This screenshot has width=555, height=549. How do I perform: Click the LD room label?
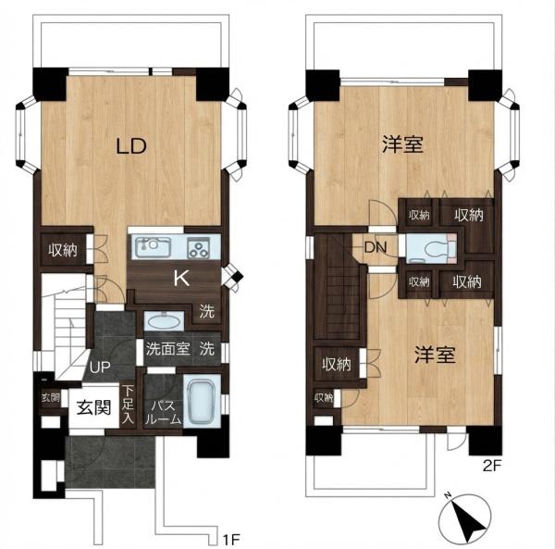tap(131, 146)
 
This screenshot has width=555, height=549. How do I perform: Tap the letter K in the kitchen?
tap(181, 279)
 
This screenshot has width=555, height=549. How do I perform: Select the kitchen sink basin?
tap(153, 246)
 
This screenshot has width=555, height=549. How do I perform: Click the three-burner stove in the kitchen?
tap(199, 247)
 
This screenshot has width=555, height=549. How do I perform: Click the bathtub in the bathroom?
tap(201, 403)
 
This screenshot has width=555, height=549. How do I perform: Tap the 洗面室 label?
tap(168, 349)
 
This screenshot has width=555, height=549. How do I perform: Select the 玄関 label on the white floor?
tap(94, 407)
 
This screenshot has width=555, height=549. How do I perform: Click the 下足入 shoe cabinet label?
tap(129, 405)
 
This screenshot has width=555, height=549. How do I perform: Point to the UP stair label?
tap(100, 368)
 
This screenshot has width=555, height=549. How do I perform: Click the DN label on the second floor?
tap(376, 247)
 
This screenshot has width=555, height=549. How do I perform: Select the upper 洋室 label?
tap(402, 144)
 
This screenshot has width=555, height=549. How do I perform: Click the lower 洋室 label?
tap(435, 355)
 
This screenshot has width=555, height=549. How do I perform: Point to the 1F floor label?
tap(231, 540)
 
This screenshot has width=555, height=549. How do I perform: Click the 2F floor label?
tap(492, 466)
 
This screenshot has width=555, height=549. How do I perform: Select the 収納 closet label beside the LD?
tap(63, 250)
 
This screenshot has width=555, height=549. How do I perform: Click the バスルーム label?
tap(164, 412)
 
